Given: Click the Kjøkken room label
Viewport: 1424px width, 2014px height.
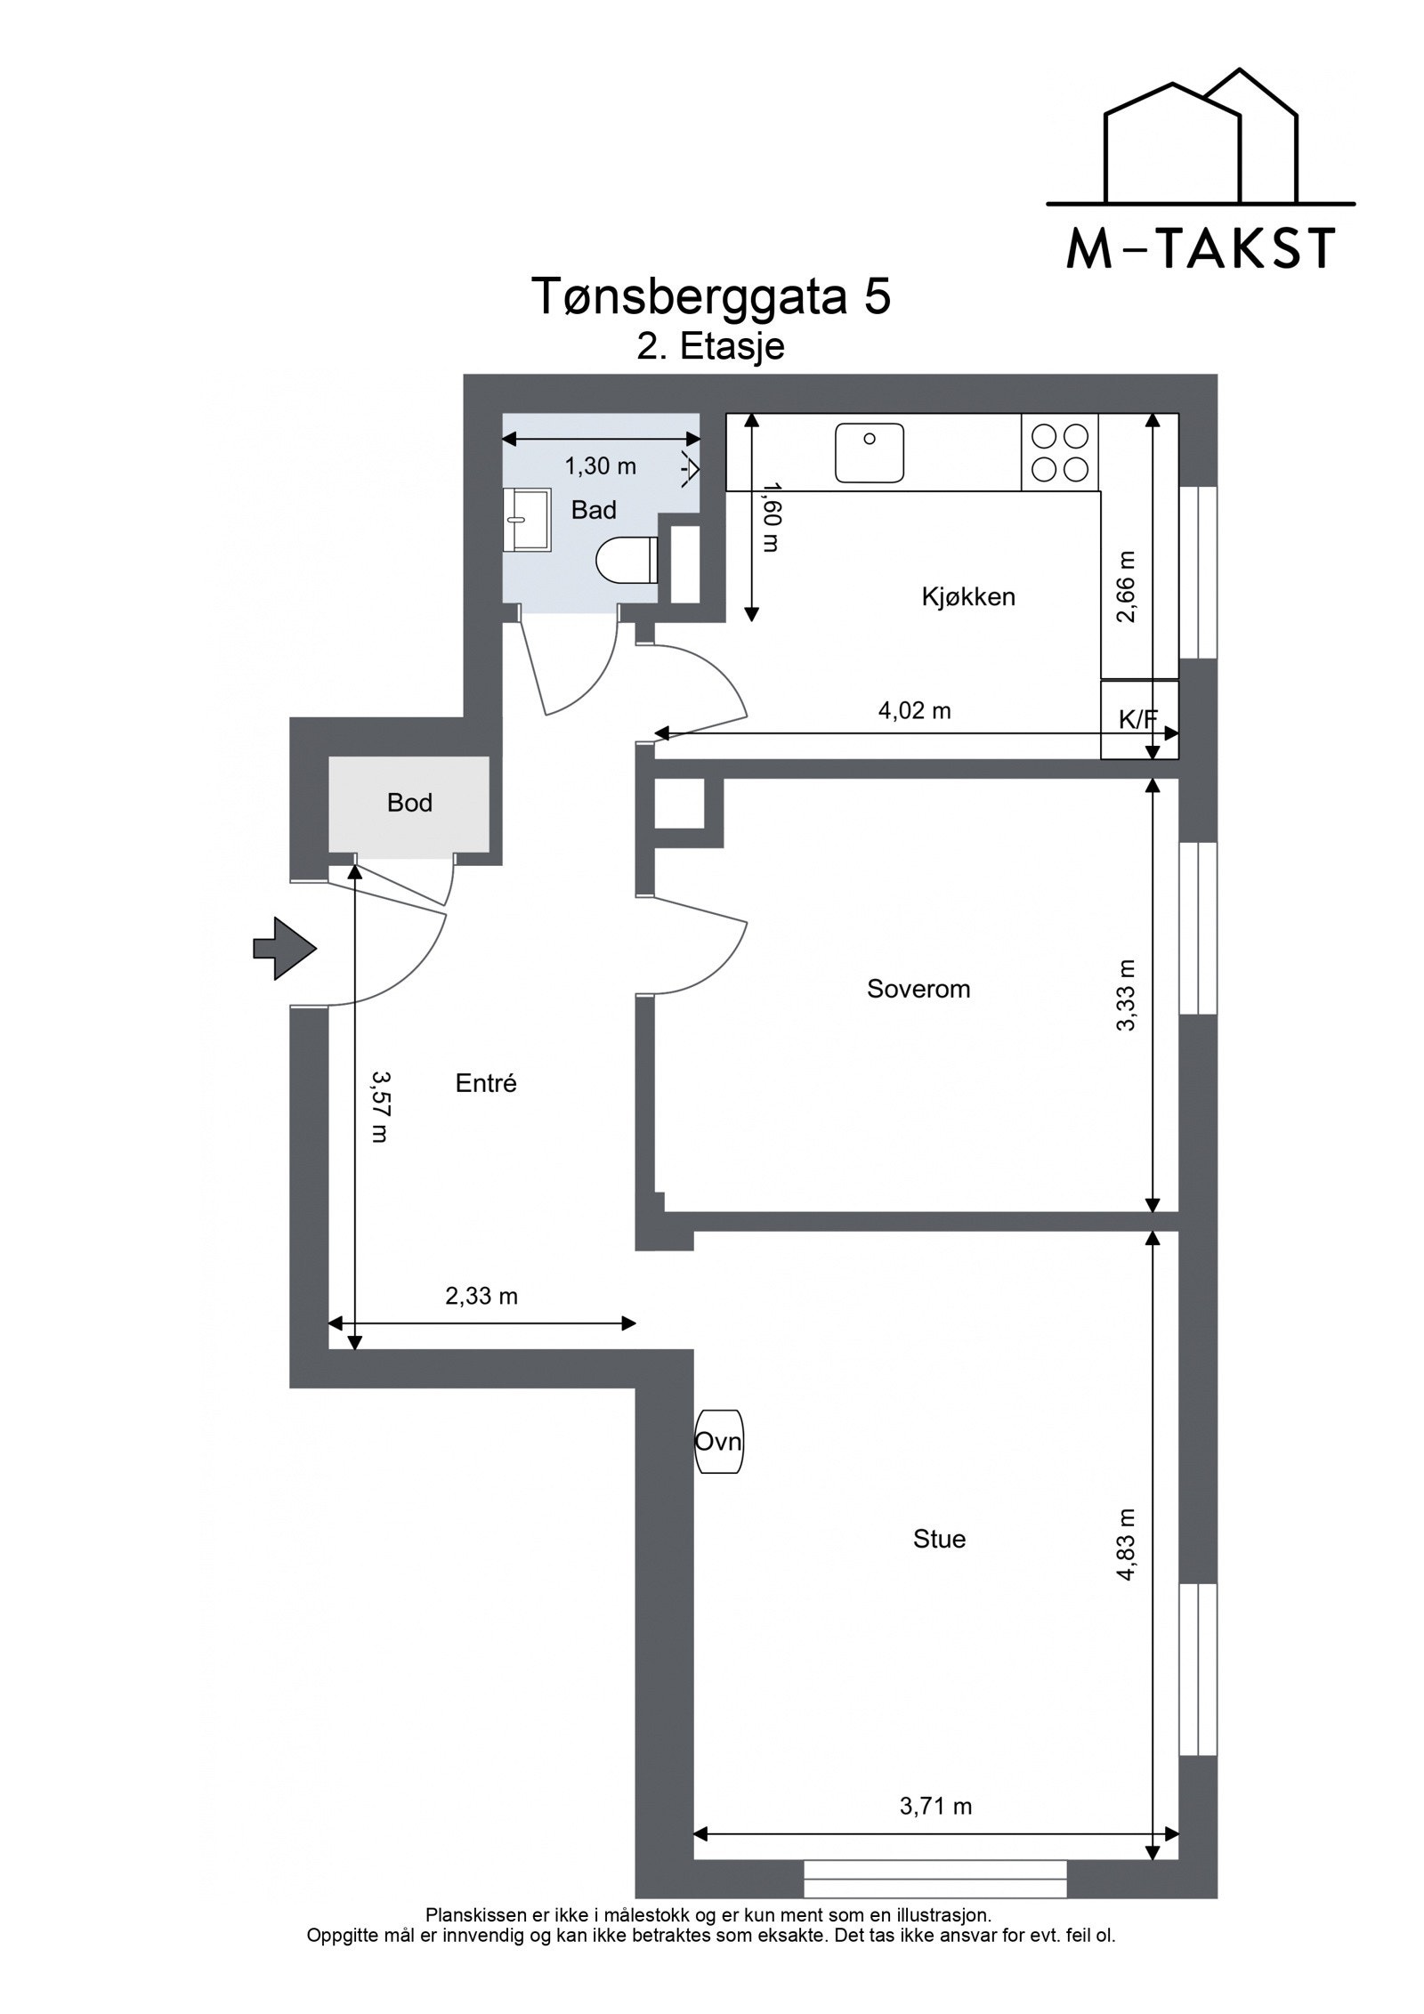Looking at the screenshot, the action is coord(968,596).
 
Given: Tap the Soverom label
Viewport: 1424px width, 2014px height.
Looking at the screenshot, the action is coord(918,989).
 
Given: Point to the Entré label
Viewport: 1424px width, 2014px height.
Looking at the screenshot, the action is coord(486,1083).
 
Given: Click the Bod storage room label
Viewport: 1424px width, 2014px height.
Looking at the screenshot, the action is coord(409,803).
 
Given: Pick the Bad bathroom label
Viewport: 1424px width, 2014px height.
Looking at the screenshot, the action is coord(594,510).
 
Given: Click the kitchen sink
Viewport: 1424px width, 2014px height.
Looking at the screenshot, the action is coord(869,453).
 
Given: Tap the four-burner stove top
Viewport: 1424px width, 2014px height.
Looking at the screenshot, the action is coord(1060,452).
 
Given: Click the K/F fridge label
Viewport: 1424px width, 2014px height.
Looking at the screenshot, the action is coord(1138,720).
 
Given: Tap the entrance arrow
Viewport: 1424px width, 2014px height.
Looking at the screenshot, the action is coord(285,949).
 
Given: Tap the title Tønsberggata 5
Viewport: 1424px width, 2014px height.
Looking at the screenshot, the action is coord(711,296).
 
